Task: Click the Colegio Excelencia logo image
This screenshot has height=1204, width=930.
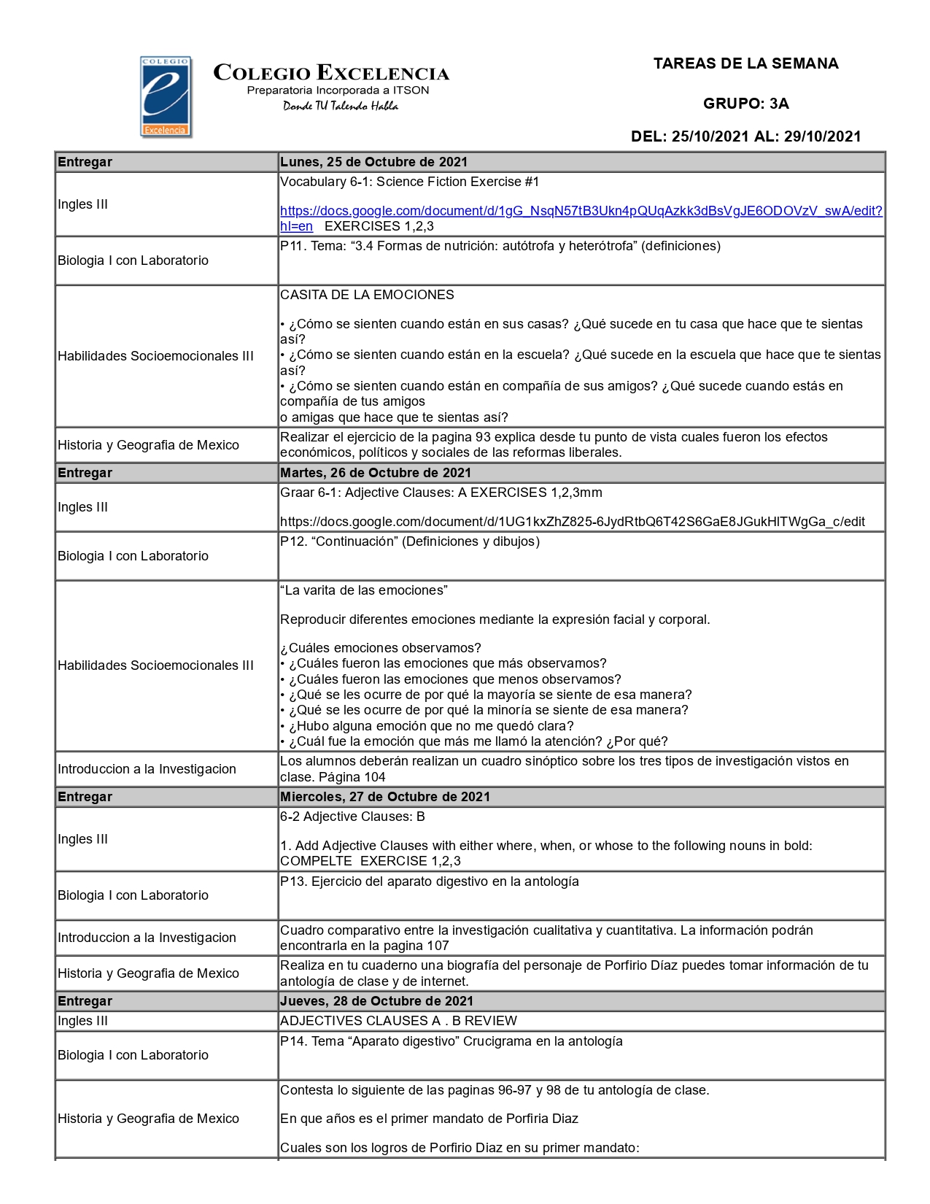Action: pyautogui.click(x=166, y=97)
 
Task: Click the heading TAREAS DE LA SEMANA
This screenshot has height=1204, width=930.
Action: pyautogui.click(x=745, y=63)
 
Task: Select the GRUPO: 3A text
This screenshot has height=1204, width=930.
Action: pyautogui.click(x=745, y=104)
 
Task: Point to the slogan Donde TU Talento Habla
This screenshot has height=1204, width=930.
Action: pyautogui.click(x=341, y=107)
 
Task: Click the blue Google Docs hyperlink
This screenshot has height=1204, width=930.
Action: pyautogui.click(x=581, y=211)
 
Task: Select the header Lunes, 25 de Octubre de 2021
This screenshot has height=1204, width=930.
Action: pyautogui.click(x=373, y=162)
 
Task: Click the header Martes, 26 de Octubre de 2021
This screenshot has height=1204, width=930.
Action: pyautogui.click(x=376, y=473)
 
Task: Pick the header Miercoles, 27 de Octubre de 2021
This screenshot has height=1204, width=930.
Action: pyautogui.click(x=385, y=797)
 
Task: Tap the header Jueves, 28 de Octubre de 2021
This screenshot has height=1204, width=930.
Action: pyautogui.click(x=376, y=1001)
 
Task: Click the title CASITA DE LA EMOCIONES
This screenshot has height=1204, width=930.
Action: pyautogui.click(x=367, y=295)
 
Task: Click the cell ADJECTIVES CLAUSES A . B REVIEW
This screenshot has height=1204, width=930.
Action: pyautogui.click(x=398, y=1021)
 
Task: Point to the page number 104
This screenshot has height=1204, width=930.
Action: pyautogui.click(x=374, y=777)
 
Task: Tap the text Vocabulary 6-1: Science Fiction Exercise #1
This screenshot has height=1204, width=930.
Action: pyautogui.click(x=409, y=182)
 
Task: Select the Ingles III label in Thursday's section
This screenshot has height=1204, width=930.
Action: pyautogui.click(x=82, y=1021)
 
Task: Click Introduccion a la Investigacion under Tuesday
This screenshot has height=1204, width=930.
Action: pyautogui.click(x=147, y=769)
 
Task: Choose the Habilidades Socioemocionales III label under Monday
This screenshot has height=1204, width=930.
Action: pyautogui.click(x=155, y=356)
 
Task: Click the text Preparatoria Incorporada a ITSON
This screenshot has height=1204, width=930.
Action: pyautogui.click(x=338, y=90)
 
